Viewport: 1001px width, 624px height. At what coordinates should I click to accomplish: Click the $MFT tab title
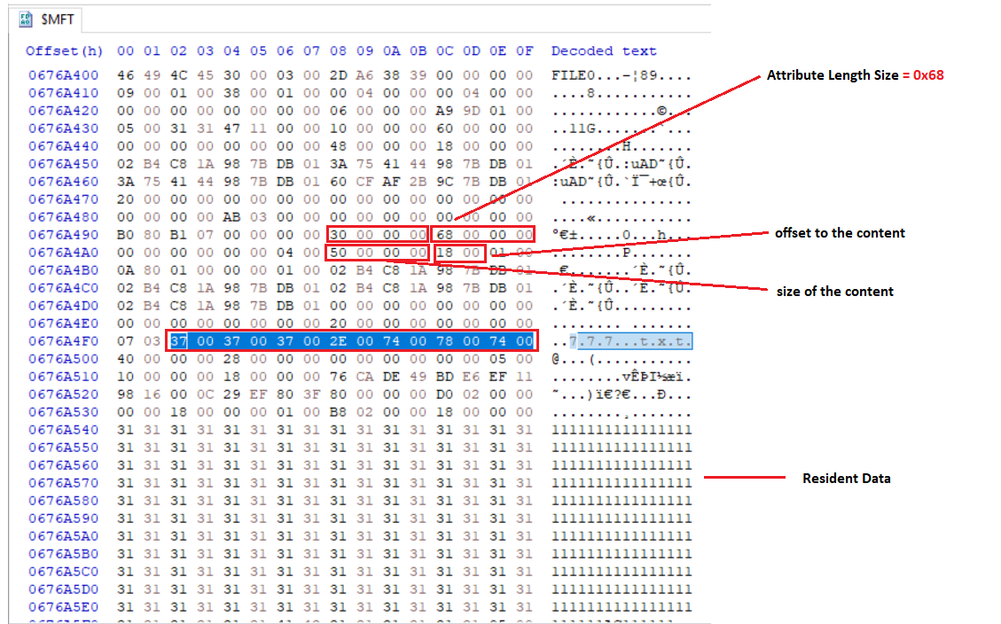coord(58,19)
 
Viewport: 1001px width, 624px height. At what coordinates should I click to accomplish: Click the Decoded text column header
coord(604,51)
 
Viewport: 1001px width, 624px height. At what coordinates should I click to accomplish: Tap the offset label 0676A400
coord(63,75)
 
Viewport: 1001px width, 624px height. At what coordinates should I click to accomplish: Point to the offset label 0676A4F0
coord(63,341)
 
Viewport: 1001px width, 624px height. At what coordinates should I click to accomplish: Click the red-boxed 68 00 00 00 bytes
coord(482,235)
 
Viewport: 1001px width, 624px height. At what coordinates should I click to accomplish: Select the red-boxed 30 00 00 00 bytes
coord(377,235)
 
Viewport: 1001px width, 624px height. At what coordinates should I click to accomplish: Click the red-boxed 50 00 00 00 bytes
coord(377,253)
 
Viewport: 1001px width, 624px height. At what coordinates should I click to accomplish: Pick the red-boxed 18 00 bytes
coord(458,253)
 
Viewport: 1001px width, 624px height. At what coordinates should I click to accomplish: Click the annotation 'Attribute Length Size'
coord(833,75)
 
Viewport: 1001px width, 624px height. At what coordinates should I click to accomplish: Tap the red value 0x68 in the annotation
coord(928,75)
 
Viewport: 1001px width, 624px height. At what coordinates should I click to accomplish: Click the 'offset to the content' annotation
coord(840,233)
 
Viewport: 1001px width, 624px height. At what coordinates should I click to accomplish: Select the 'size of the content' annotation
coord(835,292)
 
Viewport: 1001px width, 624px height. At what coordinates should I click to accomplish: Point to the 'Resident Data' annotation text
coord(847,479)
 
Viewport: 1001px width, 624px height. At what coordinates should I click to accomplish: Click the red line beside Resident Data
coord(745,477)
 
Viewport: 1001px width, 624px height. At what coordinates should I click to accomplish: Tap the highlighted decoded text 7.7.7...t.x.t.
coord(630,341)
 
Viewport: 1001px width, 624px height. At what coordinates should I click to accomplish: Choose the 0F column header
coord(525,51)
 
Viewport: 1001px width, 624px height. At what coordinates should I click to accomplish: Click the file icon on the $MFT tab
coord(26,19)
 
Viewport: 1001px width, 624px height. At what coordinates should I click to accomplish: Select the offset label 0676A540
coord(63,430)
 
